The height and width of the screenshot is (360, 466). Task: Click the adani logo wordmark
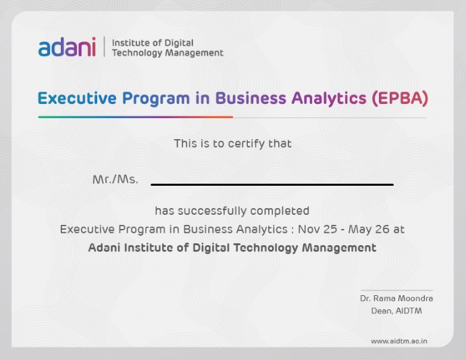pyautogui.click(x=67, y=47)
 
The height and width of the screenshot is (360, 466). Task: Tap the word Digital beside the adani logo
pyautogui.click(x=179, y=43)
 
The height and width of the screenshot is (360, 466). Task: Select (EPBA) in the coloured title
pyautogui.click(x=400, y=98)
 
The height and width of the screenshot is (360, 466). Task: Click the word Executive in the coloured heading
pyautogui.click(x=77, y=98)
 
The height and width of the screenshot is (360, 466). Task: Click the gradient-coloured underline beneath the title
pyautogui.click(x=136, y=117)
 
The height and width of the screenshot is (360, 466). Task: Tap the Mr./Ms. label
pyautogui.click(x=115, y=179)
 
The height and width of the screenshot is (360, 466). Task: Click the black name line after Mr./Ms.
pyautogui.click(x=272, y=184)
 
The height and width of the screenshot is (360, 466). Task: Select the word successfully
pyautogui.click(x=212, y=211)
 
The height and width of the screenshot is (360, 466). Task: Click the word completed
pyautogui.click(x=280, y=211)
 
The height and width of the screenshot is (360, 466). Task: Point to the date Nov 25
pyautogui.click(x=317, y=229)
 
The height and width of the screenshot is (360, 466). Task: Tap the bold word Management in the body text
pyautogui.click(x=339, y=248)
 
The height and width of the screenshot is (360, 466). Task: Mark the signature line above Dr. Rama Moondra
pyautogui.click(x=396, y=290)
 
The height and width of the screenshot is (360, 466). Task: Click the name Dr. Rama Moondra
pyautogui.click(x=396, y=298)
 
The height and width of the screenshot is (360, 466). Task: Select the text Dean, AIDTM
pyautogui.click(x=396, y=311)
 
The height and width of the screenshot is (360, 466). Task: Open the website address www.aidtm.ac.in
pyautogui.click(x=399, y=341)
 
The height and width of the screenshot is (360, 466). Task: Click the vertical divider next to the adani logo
pyautogui.click(x=104, y=47)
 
